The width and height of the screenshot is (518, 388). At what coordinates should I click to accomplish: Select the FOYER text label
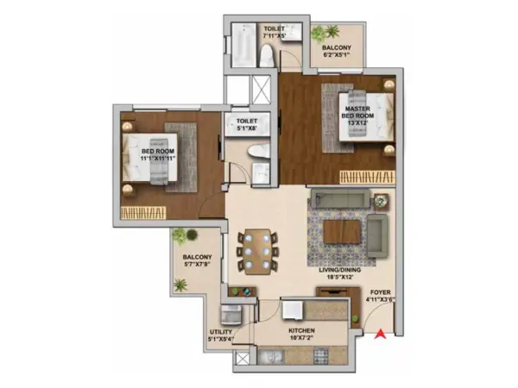[x=381, y=293]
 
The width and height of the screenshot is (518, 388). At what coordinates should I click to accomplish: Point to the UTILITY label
[x=219, y=331]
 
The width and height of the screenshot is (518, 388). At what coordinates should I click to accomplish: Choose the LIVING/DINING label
[x=338, y=272]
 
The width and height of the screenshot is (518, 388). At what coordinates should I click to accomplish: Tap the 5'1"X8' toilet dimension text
[x=243, y=129]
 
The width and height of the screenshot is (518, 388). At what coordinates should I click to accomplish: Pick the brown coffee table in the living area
[x=343, y=231]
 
